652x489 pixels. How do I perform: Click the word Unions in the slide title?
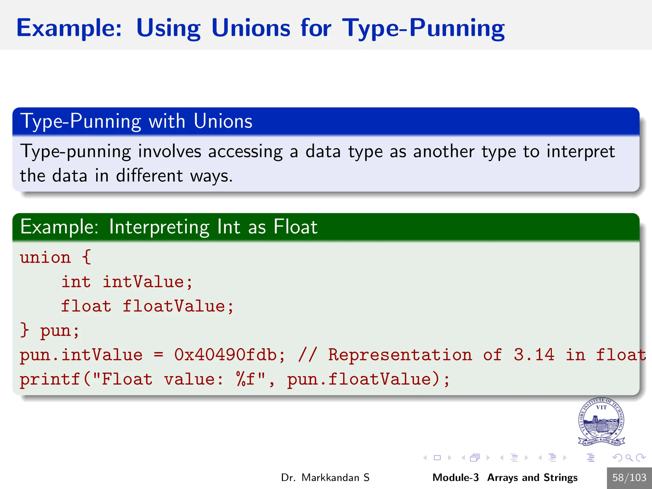[251, 28]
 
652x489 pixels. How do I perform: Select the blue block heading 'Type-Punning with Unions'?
[136, 121]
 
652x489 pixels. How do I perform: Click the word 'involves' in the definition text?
[169, 152]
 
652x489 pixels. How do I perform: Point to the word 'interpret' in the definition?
[580, 152]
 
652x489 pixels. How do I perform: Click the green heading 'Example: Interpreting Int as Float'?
[169, 227]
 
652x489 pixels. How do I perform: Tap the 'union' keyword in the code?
[45, 257]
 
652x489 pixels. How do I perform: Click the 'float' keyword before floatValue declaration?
[86, 306]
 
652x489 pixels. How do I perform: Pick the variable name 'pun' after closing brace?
[55, 331]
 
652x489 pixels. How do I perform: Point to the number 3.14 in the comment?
[534, 355]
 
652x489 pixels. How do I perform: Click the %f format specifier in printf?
[246, 379]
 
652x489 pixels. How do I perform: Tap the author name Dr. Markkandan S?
[325, 478]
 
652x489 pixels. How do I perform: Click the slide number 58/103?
[629, 478]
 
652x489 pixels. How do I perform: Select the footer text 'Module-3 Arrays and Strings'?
[505, 478]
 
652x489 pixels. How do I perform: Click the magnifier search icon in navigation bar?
[629, 458]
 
